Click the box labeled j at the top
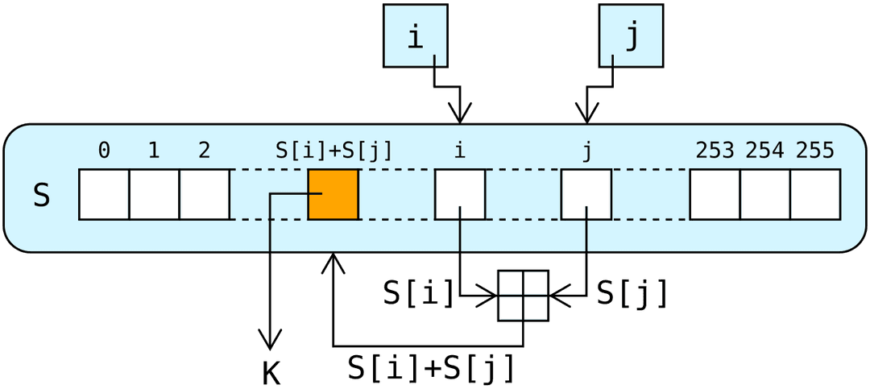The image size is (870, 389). pos(631,35)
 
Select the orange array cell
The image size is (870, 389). pos(333,195)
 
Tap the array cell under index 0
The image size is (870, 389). pos(104,195)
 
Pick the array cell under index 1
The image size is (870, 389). pos(154,195)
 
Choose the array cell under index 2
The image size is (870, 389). pos(204,195)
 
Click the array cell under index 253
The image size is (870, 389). pos(715,195)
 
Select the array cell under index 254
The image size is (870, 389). pos(765,195)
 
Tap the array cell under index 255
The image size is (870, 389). pos(815,195)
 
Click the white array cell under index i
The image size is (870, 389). pos(460,195)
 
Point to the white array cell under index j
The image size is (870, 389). pos(586,195)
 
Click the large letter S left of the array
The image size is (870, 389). pos(41,196)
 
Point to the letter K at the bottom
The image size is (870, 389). pos(271,373)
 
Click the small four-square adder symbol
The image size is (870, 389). pos(524,296)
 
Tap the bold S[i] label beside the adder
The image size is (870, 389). pos(418,295)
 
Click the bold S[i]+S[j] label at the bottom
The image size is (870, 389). pos(430,367)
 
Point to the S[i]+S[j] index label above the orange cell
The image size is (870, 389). pos(333,151)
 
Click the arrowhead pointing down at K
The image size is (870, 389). pos(271,339)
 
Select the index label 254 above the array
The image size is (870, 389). pos(765,151)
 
